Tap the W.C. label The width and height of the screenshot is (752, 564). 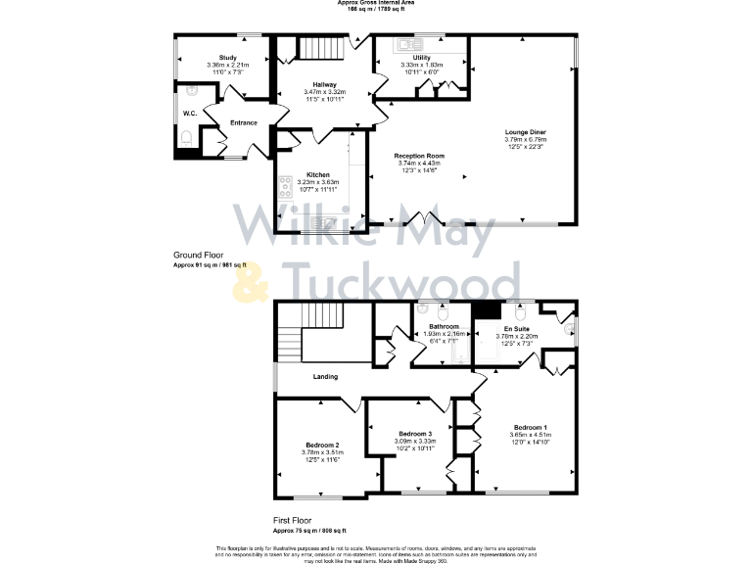coord(190,114)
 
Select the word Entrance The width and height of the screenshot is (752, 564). coord(244,122)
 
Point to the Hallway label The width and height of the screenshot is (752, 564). coord(325,84)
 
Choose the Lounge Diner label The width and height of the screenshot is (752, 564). coord(525,131)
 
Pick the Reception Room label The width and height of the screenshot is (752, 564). coord(419,156)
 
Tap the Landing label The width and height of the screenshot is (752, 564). coord(326,376)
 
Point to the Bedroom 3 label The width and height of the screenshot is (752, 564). coord(415,434)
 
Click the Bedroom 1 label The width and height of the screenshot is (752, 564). coord(531,427)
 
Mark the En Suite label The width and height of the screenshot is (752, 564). coord(517,329)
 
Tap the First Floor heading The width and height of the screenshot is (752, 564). coord(294,522)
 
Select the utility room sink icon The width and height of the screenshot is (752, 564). coord(410,44)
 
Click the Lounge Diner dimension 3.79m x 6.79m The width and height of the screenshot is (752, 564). coord(525,139)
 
